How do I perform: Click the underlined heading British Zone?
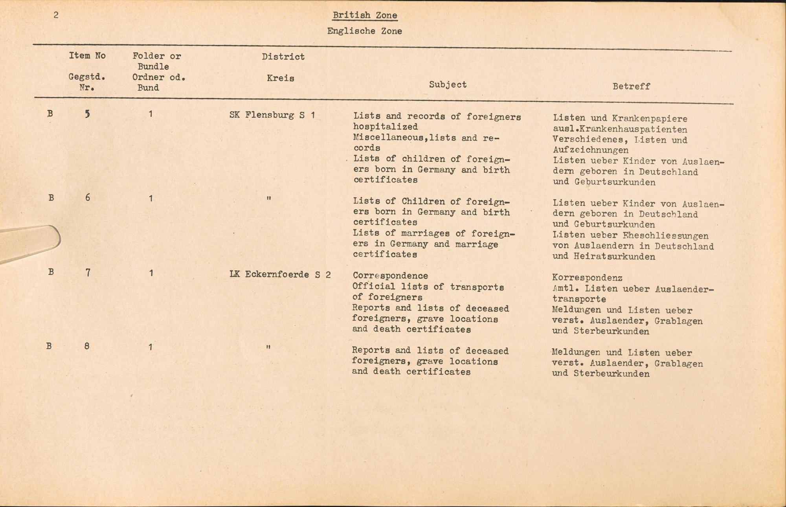(365, 15)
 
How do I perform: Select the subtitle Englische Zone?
(364, 31)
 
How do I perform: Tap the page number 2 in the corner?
(56, 15)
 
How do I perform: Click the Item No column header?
(87, 56)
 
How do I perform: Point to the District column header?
(283, 57)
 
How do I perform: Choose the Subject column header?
(448, 84)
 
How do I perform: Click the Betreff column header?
(631, 86)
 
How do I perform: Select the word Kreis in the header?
(280, 78)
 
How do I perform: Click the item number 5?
(87, 114)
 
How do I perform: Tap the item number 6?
(87, 197)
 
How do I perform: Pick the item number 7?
(88, 272)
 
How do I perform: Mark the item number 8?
(87, 346)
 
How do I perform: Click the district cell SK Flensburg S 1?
(272, 116)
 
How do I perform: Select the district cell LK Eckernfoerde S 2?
(280, 274)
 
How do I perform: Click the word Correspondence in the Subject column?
(390, 276)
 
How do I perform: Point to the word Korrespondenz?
(587, 278)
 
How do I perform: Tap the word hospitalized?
(385, 127)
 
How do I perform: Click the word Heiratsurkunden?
(614, 257)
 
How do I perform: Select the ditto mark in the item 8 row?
(268, 347)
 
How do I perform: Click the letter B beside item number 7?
(50, 272)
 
